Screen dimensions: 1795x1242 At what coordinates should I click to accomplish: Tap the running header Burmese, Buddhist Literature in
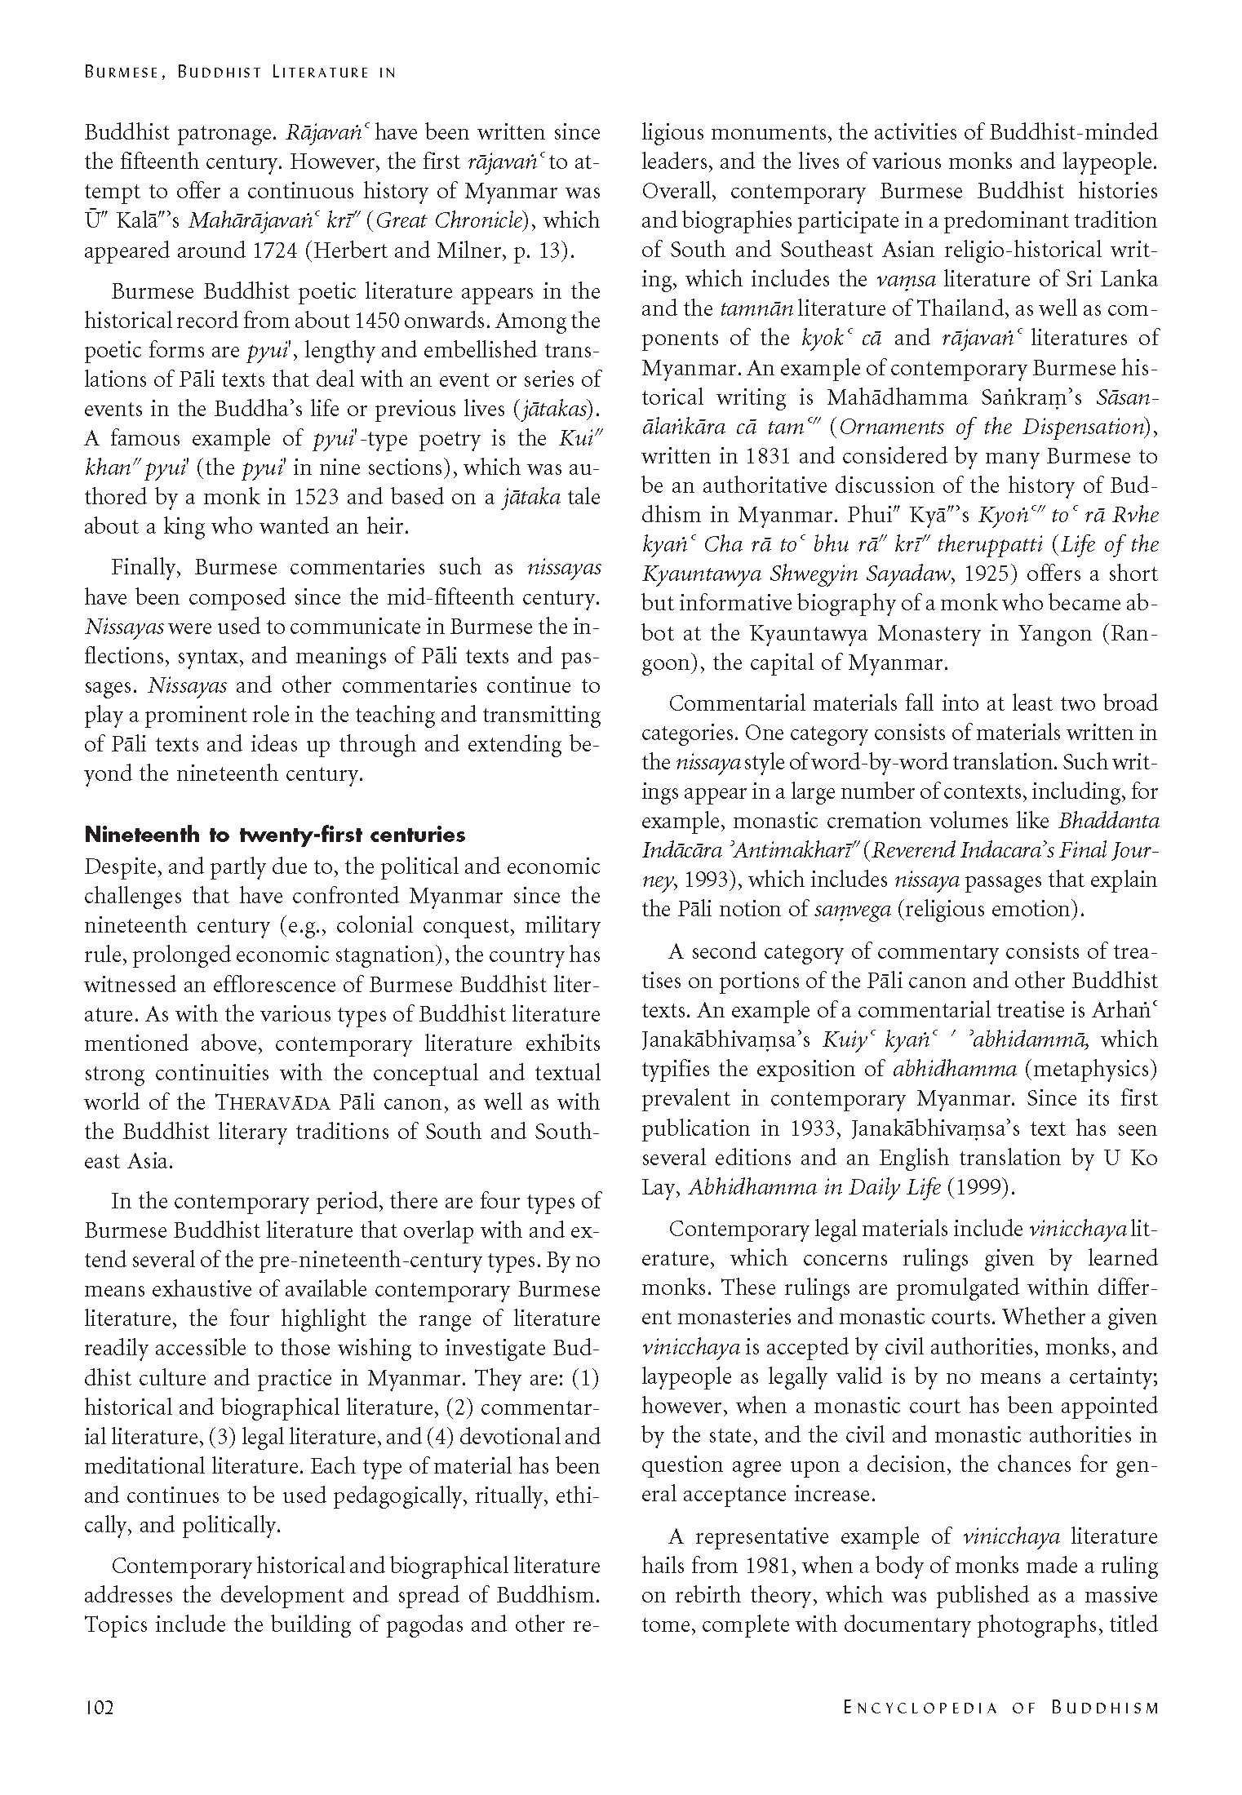[x=240, y=72]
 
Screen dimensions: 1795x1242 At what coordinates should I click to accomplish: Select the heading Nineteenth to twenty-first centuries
[x=275, y=835]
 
